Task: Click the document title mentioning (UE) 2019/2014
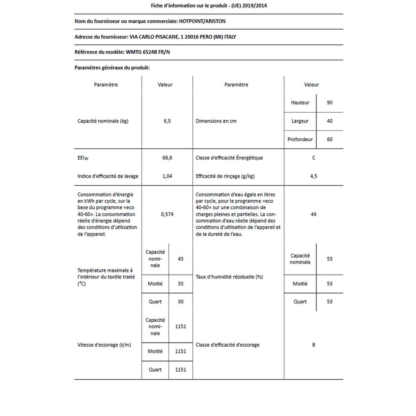(209, 6)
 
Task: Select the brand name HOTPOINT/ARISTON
(202, 21)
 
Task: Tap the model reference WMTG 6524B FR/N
(148, 52)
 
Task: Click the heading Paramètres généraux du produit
(112, 68)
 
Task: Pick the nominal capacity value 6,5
(167, 121)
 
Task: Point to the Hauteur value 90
(329, 103)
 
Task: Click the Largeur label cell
(300, 121)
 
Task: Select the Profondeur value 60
(329, 139)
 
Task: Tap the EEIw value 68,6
(167, 158)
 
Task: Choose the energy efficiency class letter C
(313, 158)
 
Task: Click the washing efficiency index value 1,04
(167, 176)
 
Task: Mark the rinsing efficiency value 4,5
(313, 176)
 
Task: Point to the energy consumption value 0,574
(167, 214)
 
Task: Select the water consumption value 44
(313, 214)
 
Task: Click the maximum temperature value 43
(180, 259)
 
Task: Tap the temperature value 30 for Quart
(180, 302)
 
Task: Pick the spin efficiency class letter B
(313, 345)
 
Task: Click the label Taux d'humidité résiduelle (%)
(229, 277)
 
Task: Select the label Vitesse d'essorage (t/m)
(104, 345)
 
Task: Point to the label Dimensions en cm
(216, 121)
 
